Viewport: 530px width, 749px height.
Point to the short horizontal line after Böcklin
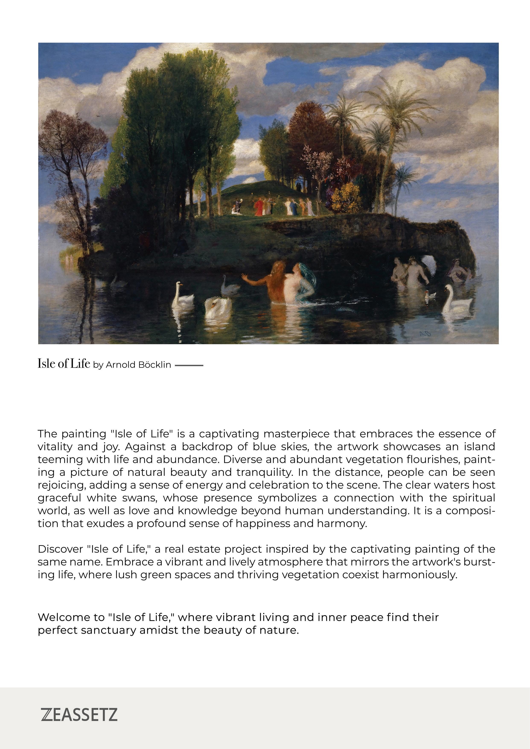(189, 365)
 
